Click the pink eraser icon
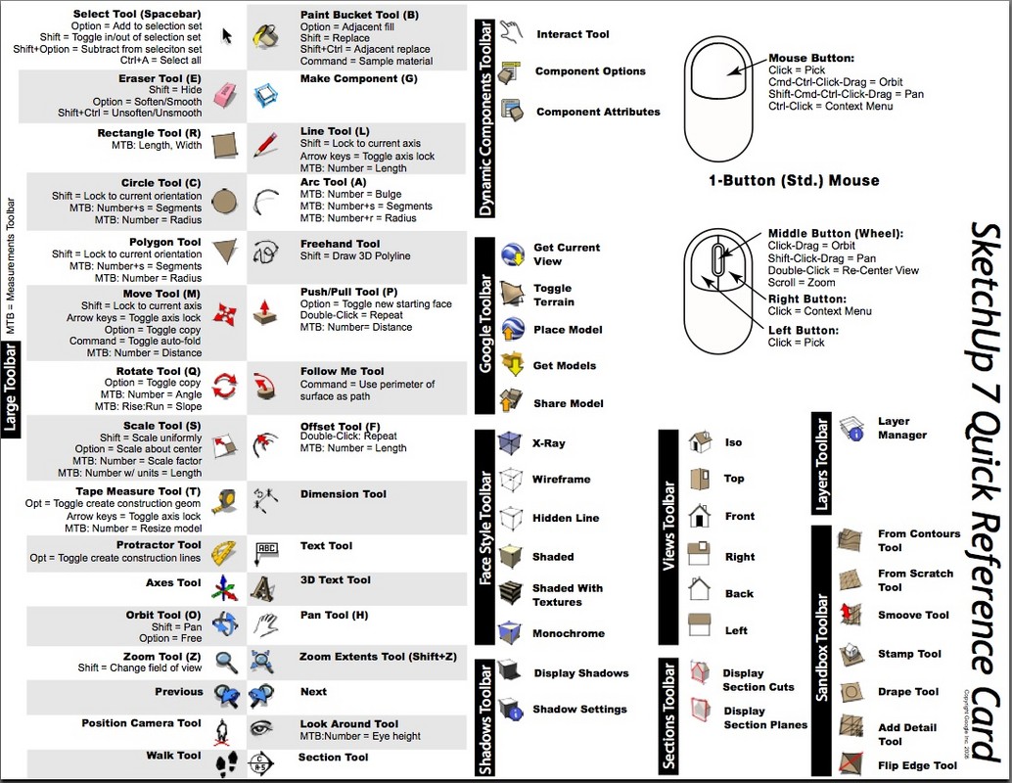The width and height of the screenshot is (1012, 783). pyautogui.click(x=224, y=94)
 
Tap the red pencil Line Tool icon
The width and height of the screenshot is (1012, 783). pyautogui.click(x=264, y=145)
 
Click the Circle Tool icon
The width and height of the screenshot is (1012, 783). pyautogui.click(x=224, y=201)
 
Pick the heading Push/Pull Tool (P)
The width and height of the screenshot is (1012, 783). pyautogui.click(x=348, y=291)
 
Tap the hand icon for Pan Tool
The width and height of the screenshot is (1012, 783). pyautogui.click(x=263, y=622)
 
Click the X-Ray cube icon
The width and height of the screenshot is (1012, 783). pyautogui.click(x=509, y=443)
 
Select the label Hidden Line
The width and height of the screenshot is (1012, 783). pyautogui.click(x=565, y=518)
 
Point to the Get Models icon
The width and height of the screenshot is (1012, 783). pyautogui.click(x=512, y=365)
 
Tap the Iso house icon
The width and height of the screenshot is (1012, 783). pyautogui.click(x=699, y=441)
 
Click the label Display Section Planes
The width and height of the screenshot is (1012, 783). pyautogui.click(x=765, y=717)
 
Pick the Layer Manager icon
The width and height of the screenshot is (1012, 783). pyautogui.click(x=851, y=428)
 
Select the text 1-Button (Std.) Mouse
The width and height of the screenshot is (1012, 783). pyautogui.click(x=794, y=180)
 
